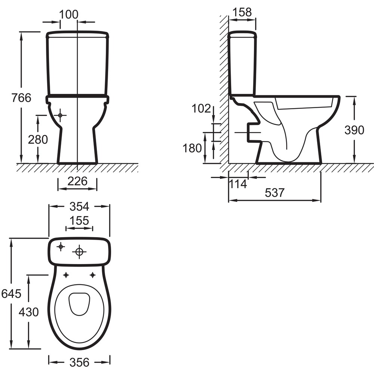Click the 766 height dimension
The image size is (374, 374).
point(21,98)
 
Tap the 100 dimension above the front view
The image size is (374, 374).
point(69,14)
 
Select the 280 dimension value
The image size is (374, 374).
point(38,140)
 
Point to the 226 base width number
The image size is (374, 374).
point(77,181)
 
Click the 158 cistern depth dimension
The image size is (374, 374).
point(242,12)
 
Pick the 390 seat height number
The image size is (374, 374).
point(354,130)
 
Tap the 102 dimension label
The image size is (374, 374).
point(201,108)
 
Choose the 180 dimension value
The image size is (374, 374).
point(192,148)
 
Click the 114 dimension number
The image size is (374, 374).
point(238,184)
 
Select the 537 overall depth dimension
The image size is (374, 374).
point(275,193)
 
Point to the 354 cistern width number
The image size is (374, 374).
point(79,206)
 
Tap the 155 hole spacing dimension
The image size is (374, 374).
point(79,221)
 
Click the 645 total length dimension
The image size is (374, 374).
point(11,294)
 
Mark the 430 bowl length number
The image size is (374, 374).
point(29,312)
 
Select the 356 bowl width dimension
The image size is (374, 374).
point(79,362)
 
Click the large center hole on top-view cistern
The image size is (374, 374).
point(79,252)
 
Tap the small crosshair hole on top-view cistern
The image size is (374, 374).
point(61,246)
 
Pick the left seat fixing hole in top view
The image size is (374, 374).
point(66,275)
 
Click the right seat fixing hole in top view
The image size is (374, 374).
point(92,275)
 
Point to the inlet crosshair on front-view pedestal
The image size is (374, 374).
point(60,115)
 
